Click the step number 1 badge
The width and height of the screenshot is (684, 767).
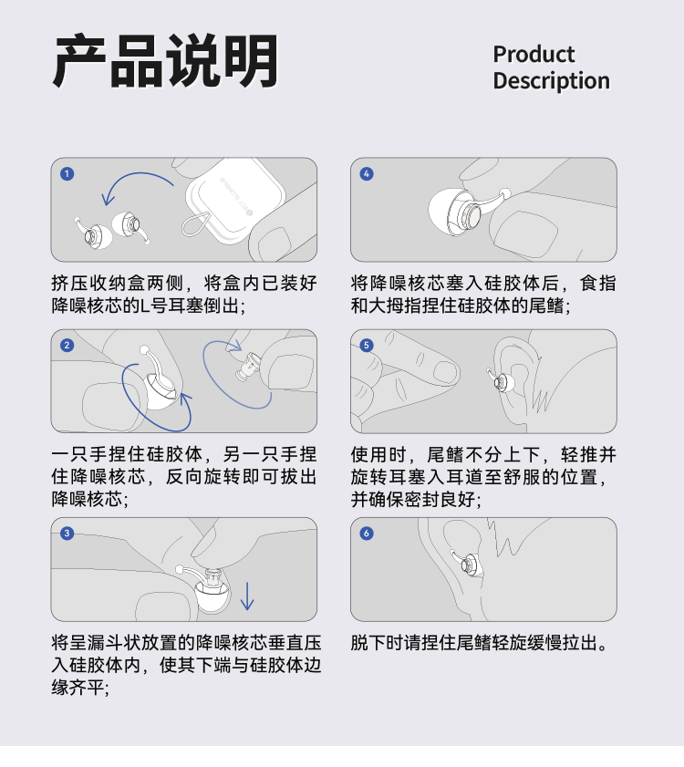(67, 173)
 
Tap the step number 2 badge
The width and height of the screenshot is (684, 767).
(67, 346)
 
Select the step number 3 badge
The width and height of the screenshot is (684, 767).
(67, 534)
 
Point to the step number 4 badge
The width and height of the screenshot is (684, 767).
(367, 173)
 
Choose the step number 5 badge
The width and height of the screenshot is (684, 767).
(367, 346)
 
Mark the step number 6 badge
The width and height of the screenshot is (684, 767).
(367, 534)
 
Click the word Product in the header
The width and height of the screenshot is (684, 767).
(534, 55)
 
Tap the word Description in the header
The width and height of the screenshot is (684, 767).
(552, 81)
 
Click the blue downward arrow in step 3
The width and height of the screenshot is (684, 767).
(247, 596)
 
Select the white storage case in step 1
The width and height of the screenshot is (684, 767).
(235, 200)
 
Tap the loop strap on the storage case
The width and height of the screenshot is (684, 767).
(196, 224)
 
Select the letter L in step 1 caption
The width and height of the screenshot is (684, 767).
(145, 306)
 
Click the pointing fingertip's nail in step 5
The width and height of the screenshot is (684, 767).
(445, 372)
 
